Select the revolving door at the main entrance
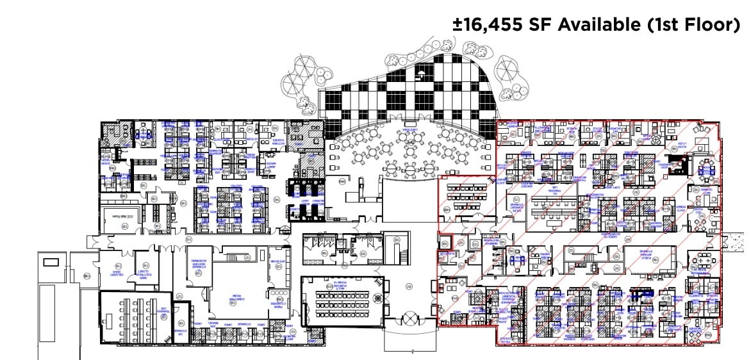pos(409,318)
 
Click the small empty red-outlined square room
pos(445,243)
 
